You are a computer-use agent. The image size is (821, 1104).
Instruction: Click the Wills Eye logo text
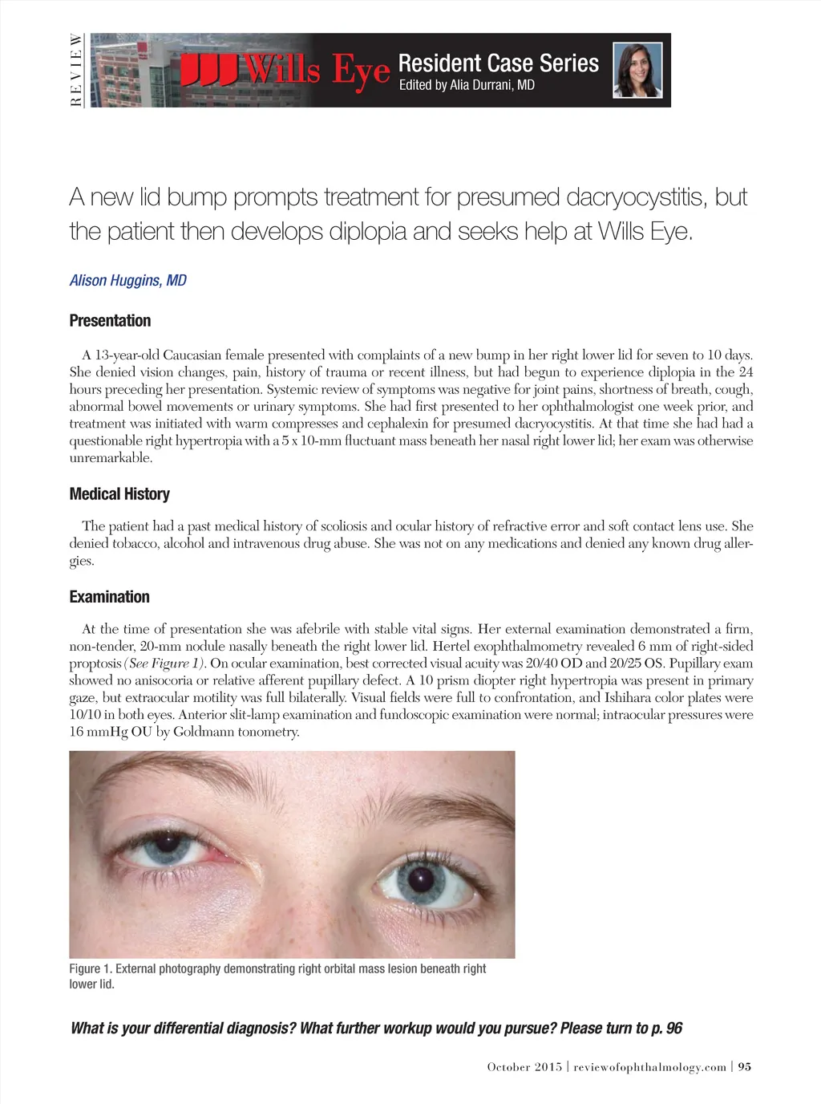pyautogui.click(x=285, y=71)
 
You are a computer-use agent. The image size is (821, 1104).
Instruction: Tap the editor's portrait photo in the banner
pyautogui.click(x=638, y=71)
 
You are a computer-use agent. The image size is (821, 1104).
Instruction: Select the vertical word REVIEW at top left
pyautogui.click(x=76, y=71)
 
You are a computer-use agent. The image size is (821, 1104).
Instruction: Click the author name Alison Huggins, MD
pyautogui.click(x=127, y=280)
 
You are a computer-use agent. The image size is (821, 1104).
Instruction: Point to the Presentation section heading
pyautogui.click(x=110, y=321)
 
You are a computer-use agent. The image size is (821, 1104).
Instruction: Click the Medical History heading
pyautogui.click(x=119, y=494)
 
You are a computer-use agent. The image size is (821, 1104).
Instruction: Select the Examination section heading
pyautogui.click(x=109, y=597)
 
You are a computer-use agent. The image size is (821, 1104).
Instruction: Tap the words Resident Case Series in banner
pyautogui.click(x=498, y=63)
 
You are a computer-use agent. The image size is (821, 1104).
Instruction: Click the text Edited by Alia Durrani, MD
pyautogui.click(x=467, y=85)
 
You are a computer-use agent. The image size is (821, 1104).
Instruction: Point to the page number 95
pyautogui.click(x=745, y=1067)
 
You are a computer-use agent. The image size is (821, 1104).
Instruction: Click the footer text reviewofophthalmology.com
pyautogui.click(x=649, y=1067)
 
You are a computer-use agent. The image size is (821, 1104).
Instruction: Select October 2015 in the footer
pyautogui.click(x=524, y=1067)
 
